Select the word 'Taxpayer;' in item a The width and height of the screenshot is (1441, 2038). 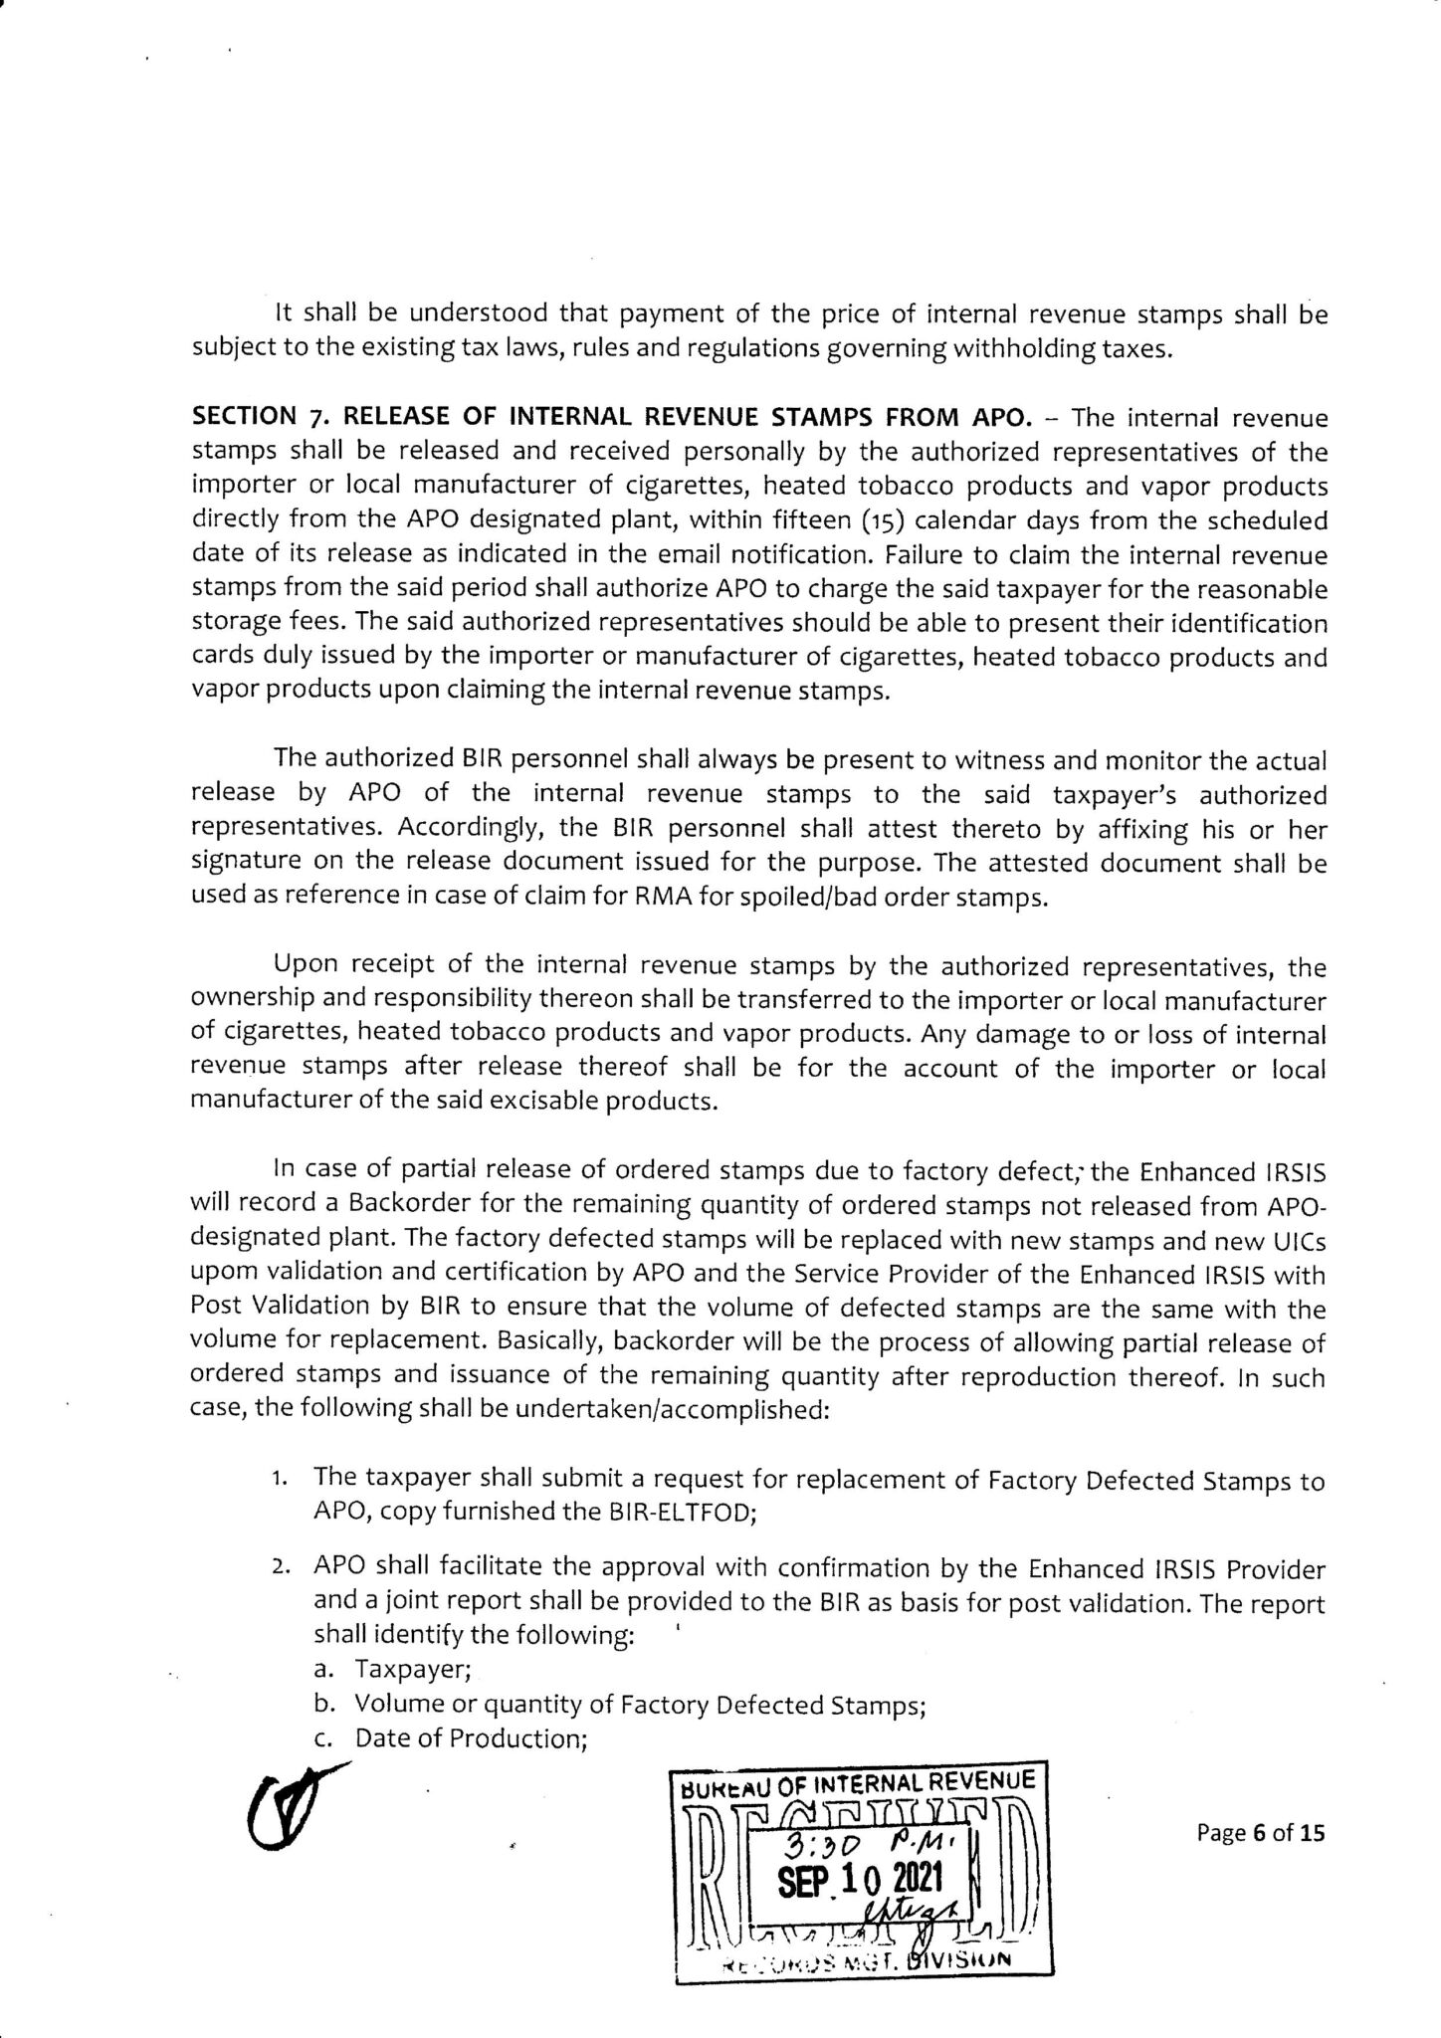click(413, 1672)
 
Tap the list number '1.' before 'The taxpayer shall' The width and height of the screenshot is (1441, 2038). click(280, 1481)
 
